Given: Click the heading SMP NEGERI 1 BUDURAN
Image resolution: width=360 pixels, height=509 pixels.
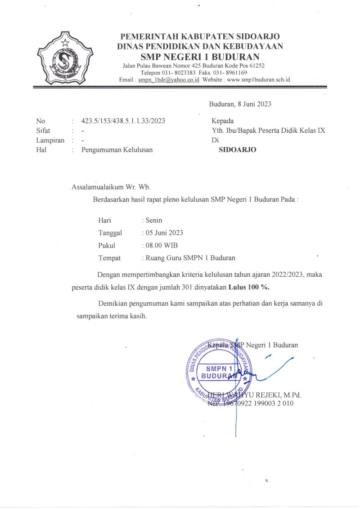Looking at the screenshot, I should [x=200, y=57].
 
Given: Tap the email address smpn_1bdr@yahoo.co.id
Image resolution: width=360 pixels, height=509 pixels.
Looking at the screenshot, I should [x=168, y=80].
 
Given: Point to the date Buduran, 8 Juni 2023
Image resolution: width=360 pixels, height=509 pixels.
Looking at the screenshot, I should [x=240, y=104].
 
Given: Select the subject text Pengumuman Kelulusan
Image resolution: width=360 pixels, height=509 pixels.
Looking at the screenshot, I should [x=117, y=150].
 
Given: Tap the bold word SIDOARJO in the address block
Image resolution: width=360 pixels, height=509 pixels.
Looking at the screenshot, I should [x=237, y=150].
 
